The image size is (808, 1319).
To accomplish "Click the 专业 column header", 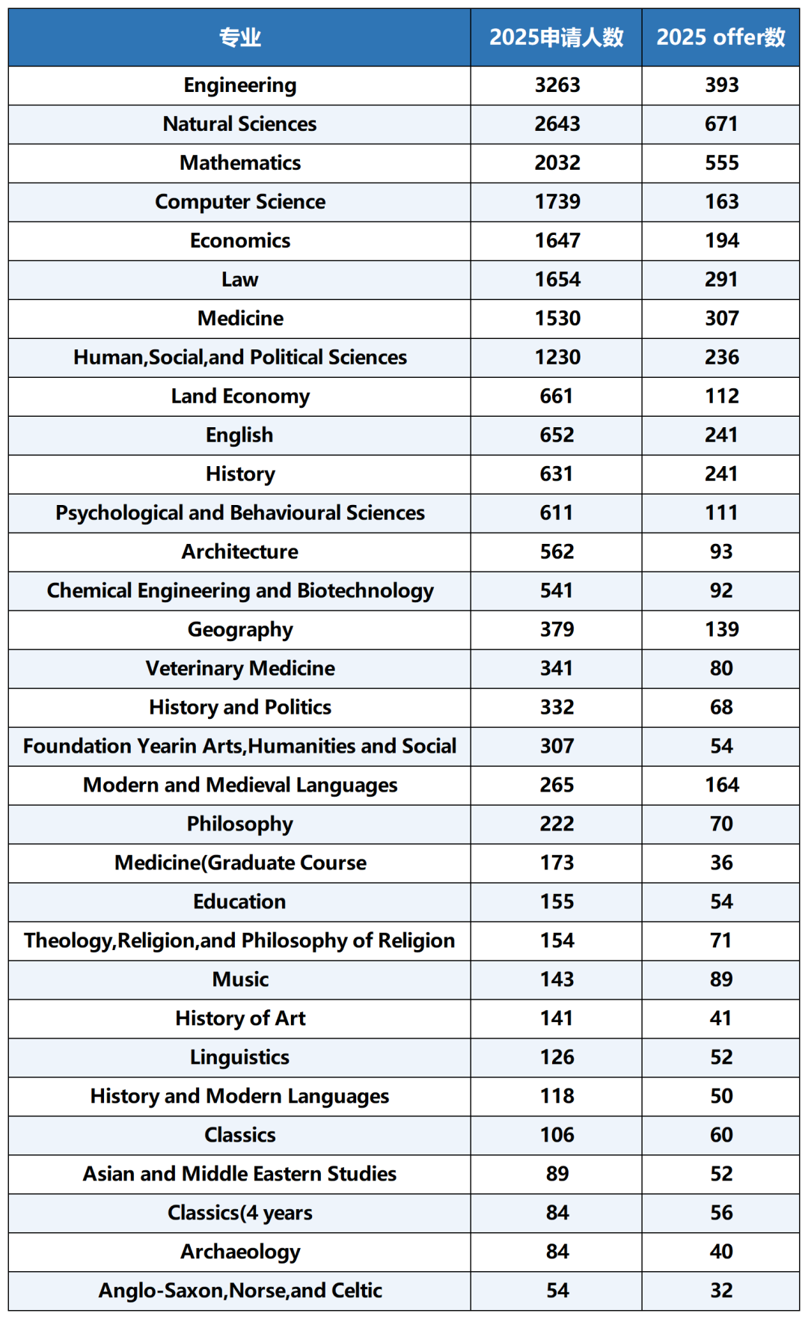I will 239,37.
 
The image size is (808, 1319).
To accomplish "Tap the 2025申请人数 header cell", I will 556,37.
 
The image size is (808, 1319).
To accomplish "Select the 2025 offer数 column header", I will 720,37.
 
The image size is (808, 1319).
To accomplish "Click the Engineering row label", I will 239,85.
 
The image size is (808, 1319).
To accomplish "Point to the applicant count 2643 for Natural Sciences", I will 557,124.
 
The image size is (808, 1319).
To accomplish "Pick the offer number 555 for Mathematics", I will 721,163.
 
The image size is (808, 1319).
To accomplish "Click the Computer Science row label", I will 239,202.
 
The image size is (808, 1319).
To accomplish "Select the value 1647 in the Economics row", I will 557,241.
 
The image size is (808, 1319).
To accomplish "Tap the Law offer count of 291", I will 721,280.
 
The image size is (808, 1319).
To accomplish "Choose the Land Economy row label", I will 239,397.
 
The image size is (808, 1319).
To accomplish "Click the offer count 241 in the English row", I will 721,435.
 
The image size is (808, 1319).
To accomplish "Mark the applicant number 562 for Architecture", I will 557,552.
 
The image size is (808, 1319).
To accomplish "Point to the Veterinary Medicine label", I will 239,669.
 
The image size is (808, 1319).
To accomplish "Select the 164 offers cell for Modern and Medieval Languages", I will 721,786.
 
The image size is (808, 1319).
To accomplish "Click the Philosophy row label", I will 239,824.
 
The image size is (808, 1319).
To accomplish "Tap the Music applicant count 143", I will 557,980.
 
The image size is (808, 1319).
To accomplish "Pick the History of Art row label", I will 239,1019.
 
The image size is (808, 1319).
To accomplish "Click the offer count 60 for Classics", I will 721,1136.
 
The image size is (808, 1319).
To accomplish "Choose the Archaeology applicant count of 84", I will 557,1252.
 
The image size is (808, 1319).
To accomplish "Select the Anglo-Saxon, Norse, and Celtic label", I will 239,1291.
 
